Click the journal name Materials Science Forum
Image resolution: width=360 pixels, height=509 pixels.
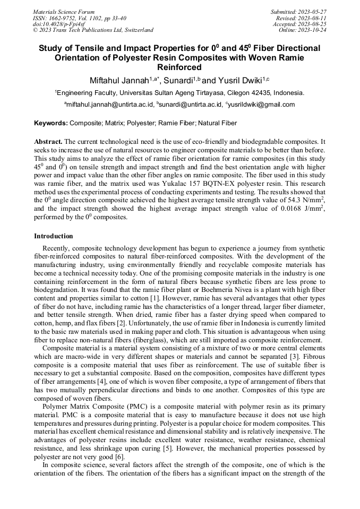coord(64,12)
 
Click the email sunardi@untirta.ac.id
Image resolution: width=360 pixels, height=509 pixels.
coord(190,105)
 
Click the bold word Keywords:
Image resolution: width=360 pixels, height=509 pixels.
coord(51,123)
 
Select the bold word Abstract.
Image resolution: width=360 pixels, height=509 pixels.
coord(48,142)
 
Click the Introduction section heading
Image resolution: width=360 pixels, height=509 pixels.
coord(54,236)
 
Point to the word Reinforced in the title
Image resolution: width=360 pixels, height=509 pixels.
coord(179,67)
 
